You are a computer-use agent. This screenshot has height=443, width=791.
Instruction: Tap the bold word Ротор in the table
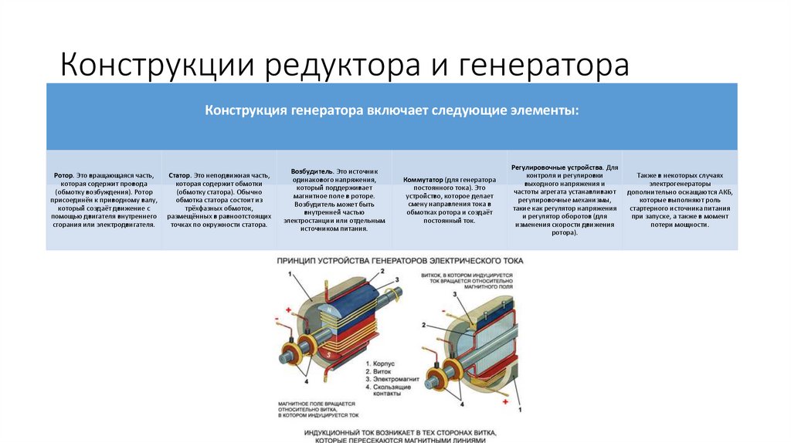[x=63, y=176]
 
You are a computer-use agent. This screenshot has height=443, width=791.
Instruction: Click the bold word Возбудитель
[x=311, y=169]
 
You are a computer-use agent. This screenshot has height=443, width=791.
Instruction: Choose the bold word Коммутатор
[x=425, y=180]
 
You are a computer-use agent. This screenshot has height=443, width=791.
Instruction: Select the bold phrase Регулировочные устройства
[x=556, y=167]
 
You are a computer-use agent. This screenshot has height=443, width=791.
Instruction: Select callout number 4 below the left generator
[x=306, y=381]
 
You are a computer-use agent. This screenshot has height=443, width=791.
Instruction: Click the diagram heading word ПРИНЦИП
[x=300, y=261]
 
